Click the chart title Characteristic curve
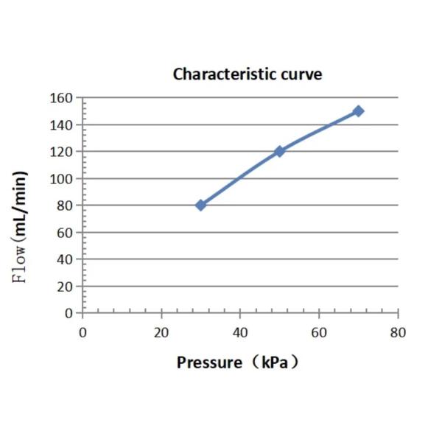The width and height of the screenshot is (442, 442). click(247, 74)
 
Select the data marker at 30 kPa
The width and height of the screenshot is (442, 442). click(200, 205)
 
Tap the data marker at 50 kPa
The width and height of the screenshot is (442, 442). click(279, 151)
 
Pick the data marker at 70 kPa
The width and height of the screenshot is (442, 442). click(358, 111)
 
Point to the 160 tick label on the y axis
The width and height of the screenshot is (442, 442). click(63, 98)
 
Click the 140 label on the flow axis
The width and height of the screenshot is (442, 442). click(63, 125)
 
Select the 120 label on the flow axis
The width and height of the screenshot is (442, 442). click(63, 152)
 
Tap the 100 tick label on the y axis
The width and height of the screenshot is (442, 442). click(63, 179)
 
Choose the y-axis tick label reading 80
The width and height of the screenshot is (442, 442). click(66, 206)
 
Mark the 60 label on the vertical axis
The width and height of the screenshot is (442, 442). click(66, 233)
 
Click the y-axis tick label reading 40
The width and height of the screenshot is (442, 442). click(66, 259)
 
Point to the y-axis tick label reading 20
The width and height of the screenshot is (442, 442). click(66, 287)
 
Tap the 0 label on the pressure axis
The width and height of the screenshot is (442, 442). click(83, 332)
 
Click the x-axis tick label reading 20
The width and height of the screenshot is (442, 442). click(161, 332)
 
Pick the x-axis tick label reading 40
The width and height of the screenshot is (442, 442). click(240, 332)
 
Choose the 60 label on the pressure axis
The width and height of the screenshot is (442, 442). click(319, 332)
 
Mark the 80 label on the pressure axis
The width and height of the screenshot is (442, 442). click(398, 332)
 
